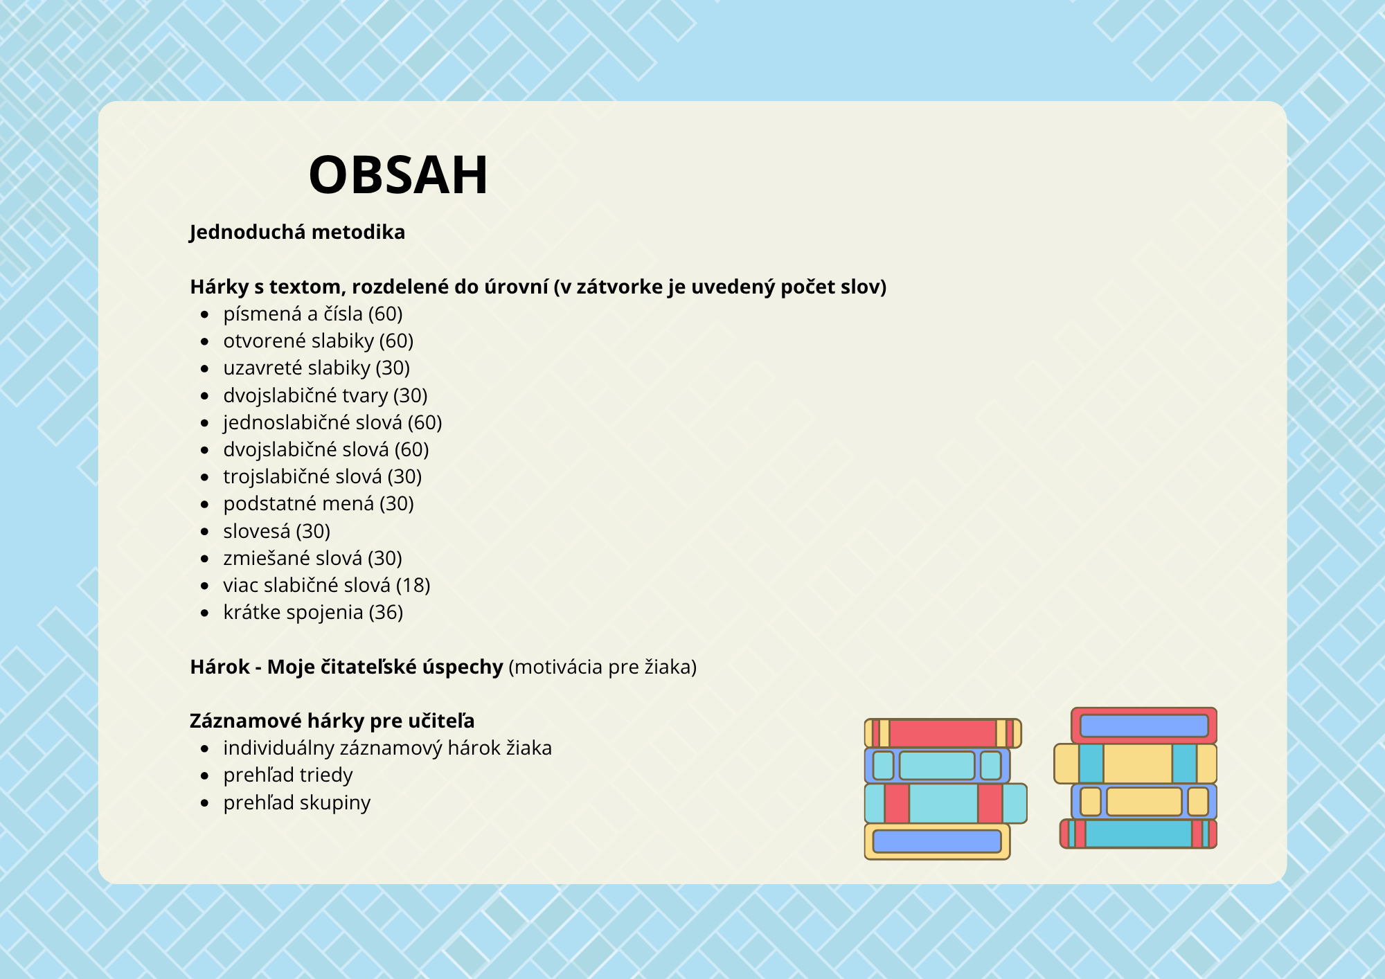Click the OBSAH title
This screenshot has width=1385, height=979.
click(398, 174)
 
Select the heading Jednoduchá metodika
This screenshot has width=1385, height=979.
click(297, 232)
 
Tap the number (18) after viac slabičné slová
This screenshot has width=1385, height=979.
click(413, 586)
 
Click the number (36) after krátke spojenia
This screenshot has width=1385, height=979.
click(386, 613)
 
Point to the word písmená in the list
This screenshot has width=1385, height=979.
click(262, 314)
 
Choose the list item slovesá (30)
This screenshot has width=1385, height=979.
click(276, 531)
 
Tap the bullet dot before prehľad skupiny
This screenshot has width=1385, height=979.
click(204, 803)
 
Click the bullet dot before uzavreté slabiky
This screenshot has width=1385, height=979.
click(204, 368)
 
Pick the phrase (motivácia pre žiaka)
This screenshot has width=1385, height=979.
click(602, 667)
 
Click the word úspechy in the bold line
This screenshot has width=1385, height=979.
click(463, 667)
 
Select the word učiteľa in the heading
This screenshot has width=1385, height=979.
click(441, 721)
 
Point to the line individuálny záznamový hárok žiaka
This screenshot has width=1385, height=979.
click(387, 748)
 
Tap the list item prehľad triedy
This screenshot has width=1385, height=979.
click(287, 775)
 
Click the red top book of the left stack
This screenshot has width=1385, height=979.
click(942, 733)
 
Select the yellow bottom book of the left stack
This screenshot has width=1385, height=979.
click(937, 841)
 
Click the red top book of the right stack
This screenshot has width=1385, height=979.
click(1144, 726)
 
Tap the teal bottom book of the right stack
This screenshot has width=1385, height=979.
click(1138, 834)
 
